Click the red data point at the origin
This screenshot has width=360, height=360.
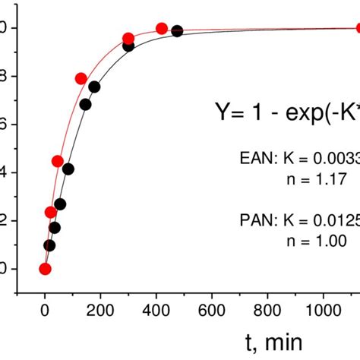point(45,269)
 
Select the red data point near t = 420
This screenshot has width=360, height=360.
point(162,29)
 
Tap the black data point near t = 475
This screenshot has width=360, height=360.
point(177,31)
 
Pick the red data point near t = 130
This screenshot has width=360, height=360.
point(81,78)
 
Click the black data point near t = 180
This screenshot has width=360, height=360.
point(94,87)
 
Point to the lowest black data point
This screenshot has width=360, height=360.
point(49,245)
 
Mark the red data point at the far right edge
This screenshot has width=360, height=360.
point(358,28)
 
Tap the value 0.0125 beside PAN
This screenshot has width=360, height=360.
point(335,221)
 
